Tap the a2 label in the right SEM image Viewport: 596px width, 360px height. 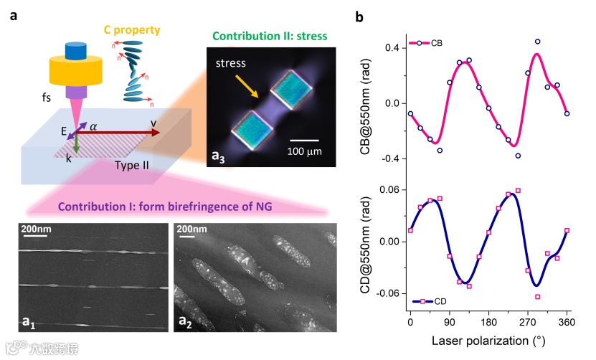pyautogui.click(x=184, y=322)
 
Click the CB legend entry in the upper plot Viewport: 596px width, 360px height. pyautogui.click(x=426, y=43)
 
